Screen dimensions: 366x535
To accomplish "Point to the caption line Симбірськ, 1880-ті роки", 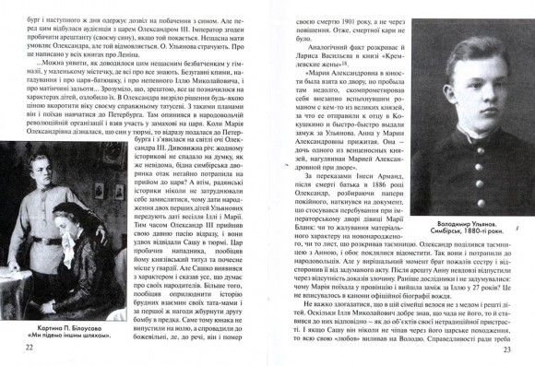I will (x=457, y=259).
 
